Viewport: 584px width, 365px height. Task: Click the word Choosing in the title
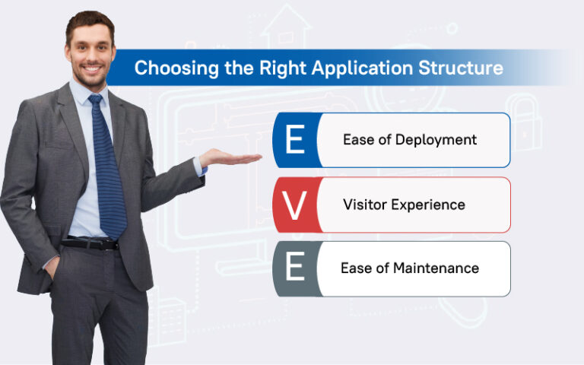point(168,68)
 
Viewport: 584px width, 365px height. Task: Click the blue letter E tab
point(294,140)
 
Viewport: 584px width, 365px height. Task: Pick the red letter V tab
point(294,205)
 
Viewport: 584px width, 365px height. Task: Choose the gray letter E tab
point(294,268)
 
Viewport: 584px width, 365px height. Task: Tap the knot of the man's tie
point(95,100)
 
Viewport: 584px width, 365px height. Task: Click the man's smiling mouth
point(93,71)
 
